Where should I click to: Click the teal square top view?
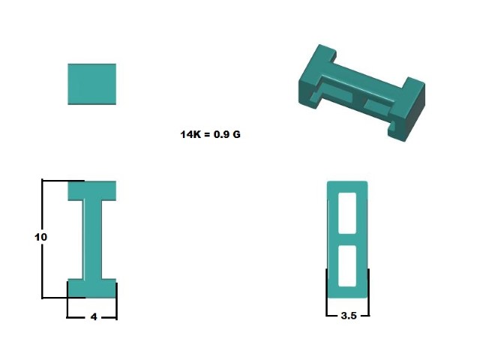tap(91, 83)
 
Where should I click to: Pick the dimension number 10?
tap(41, 237)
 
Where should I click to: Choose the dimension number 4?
tap(93, 317)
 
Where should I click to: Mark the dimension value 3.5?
tap(348, 316)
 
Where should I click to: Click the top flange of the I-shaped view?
tap(91, 190)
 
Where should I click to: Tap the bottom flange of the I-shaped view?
tap(91, 288)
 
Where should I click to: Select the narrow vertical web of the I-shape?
tap(91, 239)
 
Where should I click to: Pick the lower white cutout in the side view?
tap(348, 265)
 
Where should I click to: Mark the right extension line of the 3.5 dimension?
tap(369, 292)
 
